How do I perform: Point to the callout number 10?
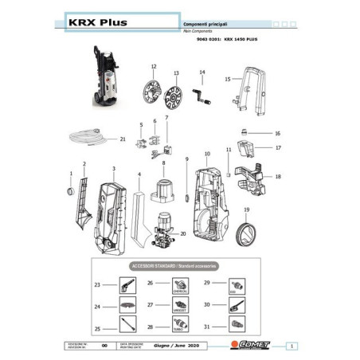click(206, 153)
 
